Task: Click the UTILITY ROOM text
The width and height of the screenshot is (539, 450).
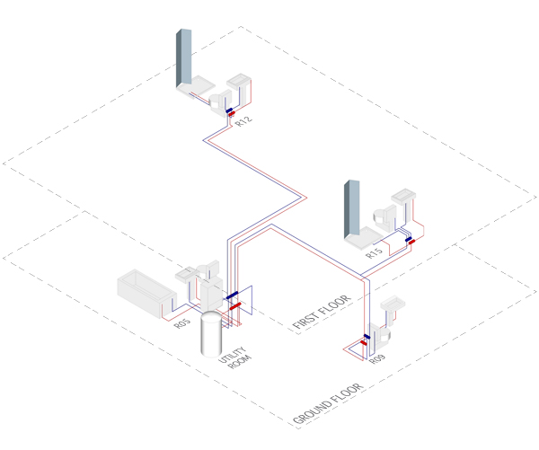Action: coord(233,356)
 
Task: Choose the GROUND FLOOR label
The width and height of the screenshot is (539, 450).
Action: coord(330,404)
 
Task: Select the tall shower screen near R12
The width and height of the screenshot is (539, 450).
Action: coord(184,58)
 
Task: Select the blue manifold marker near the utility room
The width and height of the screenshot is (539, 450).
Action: coord(232,296)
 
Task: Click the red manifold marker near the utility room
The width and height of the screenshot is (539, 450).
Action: coord(235,306)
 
